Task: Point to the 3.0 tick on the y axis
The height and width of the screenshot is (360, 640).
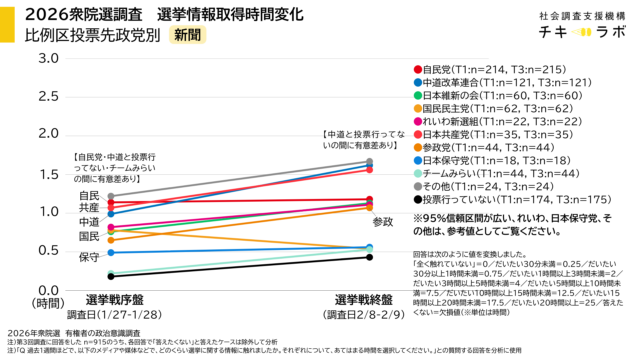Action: tap(46, 57)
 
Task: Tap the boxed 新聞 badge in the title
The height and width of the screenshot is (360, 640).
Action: tap(185, 34)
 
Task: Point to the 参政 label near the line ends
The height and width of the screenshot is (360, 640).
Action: tap(384, 222)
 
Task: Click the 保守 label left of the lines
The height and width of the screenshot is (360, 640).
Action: tap(89, 257)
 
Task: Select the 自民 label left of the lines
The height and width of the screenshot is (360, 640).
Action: tap(89, 196)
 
